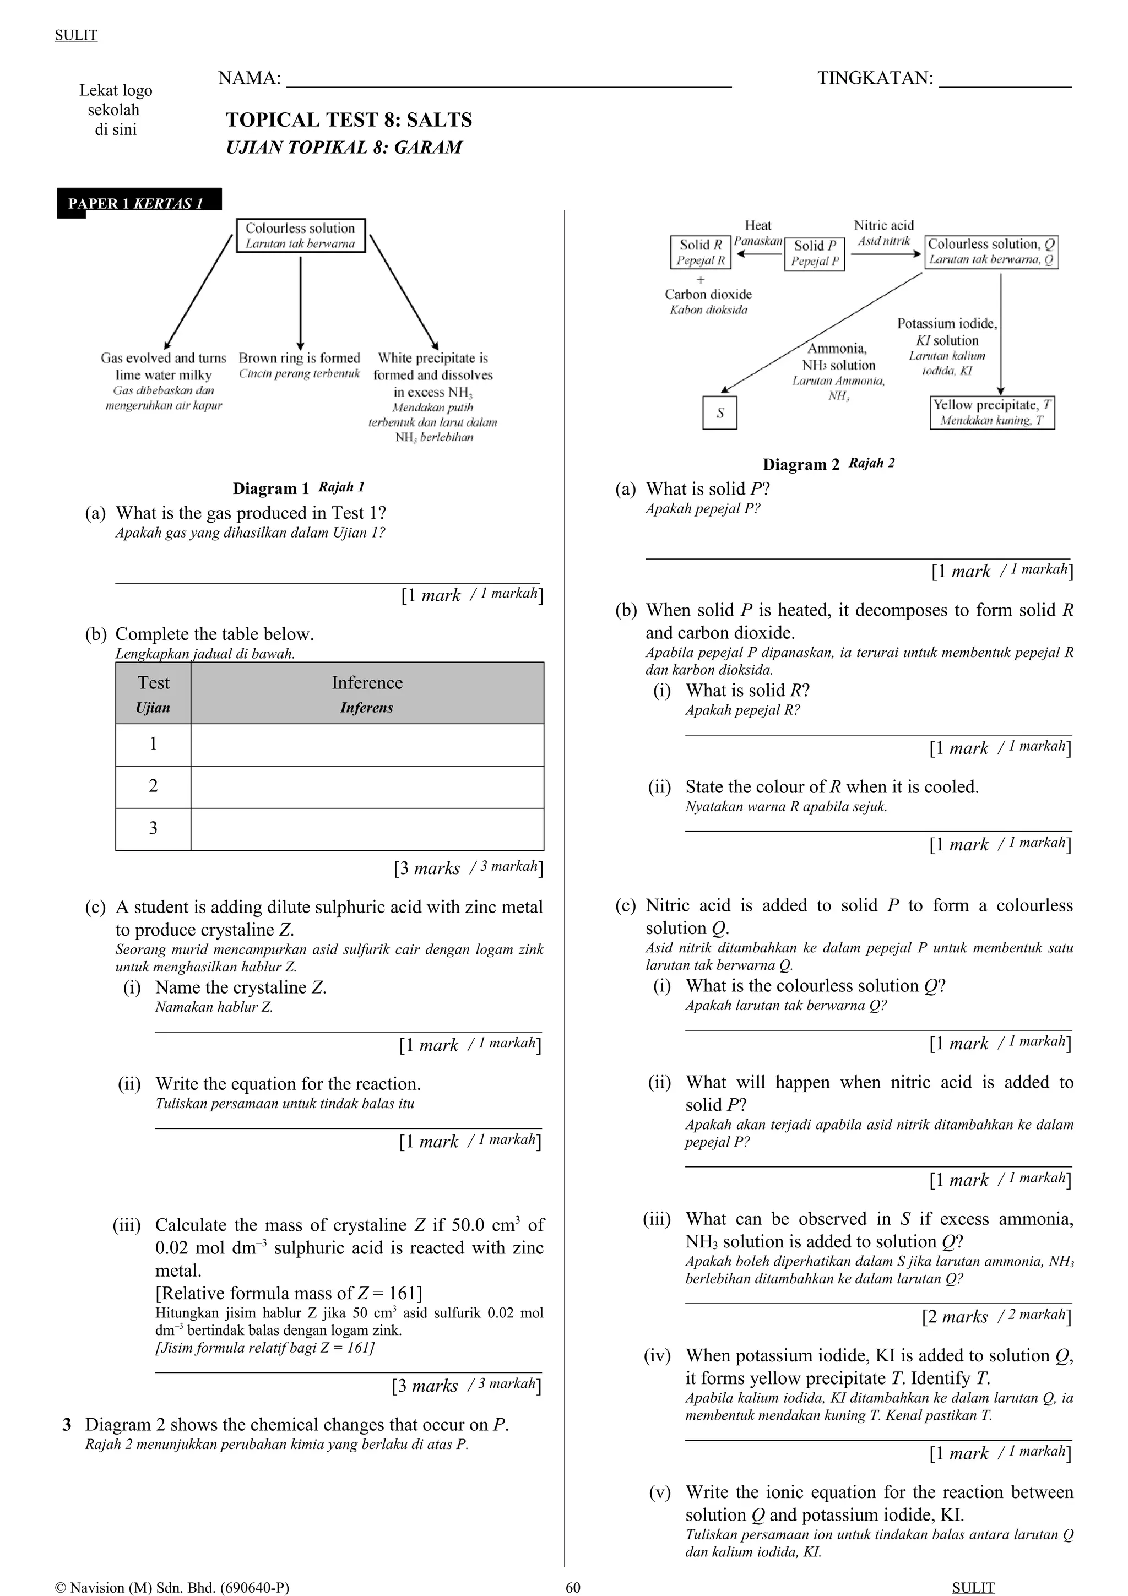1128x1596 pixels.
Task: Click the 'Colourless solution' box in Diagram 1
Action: [300, 236]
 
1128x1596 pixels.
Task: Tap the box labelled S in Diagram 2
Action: [719, 412]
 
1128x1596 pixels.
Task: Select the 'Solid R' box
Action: [701, 252]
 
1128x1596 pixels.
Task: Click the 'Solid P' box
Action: [815, 253]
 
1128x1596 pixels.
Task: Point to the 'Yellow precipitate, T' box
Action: [992, 412]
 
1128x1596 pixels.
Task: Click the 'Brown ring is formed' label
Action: [300, 359]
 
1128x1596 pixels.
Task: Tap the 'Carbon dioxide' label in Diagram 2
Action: [708, 295]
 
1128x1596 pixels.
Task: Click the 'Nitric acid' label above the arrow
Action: [883, 226]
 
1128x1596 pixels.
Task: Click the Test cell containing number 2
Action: [153, 786]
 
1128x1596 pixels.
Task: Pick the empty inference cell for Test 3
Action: [367, 829]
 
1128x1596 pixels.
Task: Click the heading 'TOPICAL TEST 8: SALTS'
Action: [349, 120]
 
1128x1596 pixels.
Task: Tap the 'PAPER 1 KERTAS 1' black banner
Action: [139, 203]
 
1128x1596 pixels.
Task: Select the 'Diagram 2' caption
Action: [801, 464]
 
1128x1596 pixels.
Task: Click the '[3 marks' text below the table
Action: [427, 868]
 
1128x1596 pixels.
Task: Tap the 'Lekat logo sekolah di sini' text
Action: [115, 110]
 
